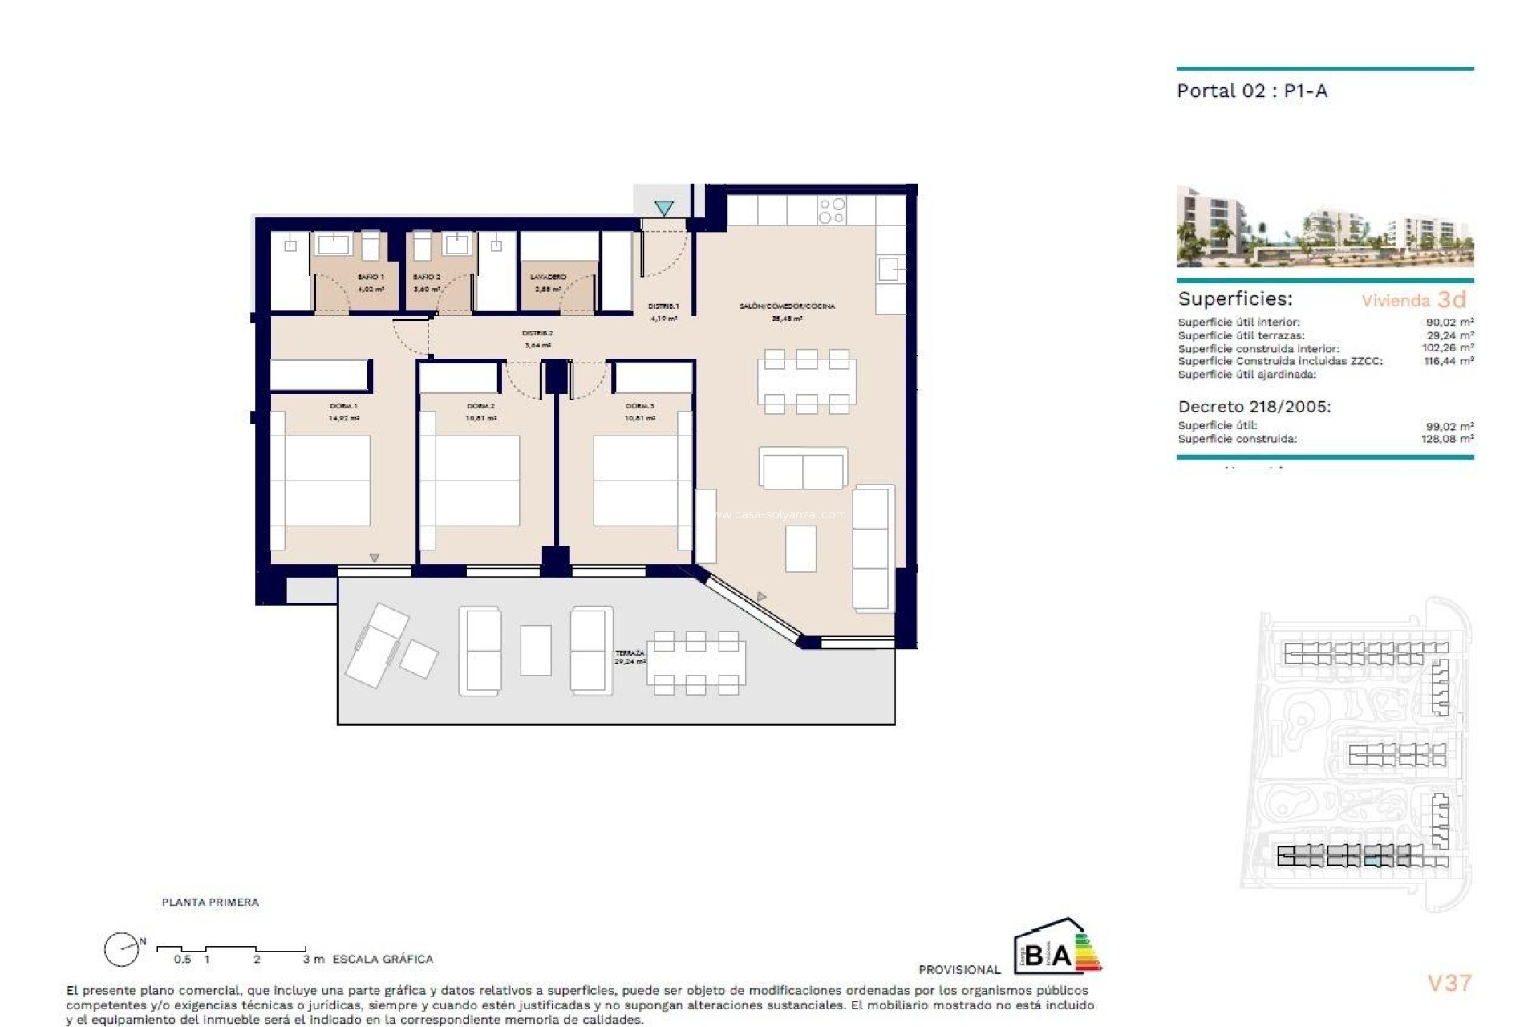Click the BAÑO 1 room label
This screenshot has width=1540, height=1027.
tap(370, 277)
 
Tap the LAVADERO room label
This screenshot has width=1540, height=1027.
tap(548, 277)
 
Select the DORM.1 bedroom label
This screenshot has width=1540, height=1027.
tap(343, 406)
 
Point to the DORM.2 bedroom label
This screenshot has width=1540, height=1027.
tap(480, 406)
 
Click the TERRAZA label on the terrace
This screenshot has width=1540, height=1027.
tap(630, 653)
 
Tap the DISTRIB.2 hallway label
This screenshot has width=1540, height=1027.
tap(537, 333)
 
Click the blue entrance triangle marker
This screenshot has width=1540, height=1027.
tap(663, 208)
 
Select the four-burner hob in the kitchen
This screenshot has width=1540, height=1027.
tap(832, 211)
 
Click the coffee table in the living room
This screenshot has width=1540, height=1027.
tap(800, 549)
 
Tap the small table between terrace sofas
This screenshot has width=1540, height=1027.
tap(536, 650)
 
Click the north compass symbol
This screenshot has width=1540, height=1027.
tap(122, 950)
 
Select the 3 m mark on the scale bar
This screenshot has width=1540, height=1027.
tap(313, 959)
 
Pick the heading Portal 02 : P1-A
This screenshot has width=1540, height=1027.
tap(1251, 91)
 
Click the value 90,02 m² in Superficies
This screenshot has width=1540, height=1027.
tap(1449, 323)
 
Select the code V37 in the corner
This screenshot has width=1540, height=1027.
tap(1449, 983)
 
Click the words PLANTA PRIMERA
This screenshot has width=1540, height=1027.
tap(210, 902)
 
